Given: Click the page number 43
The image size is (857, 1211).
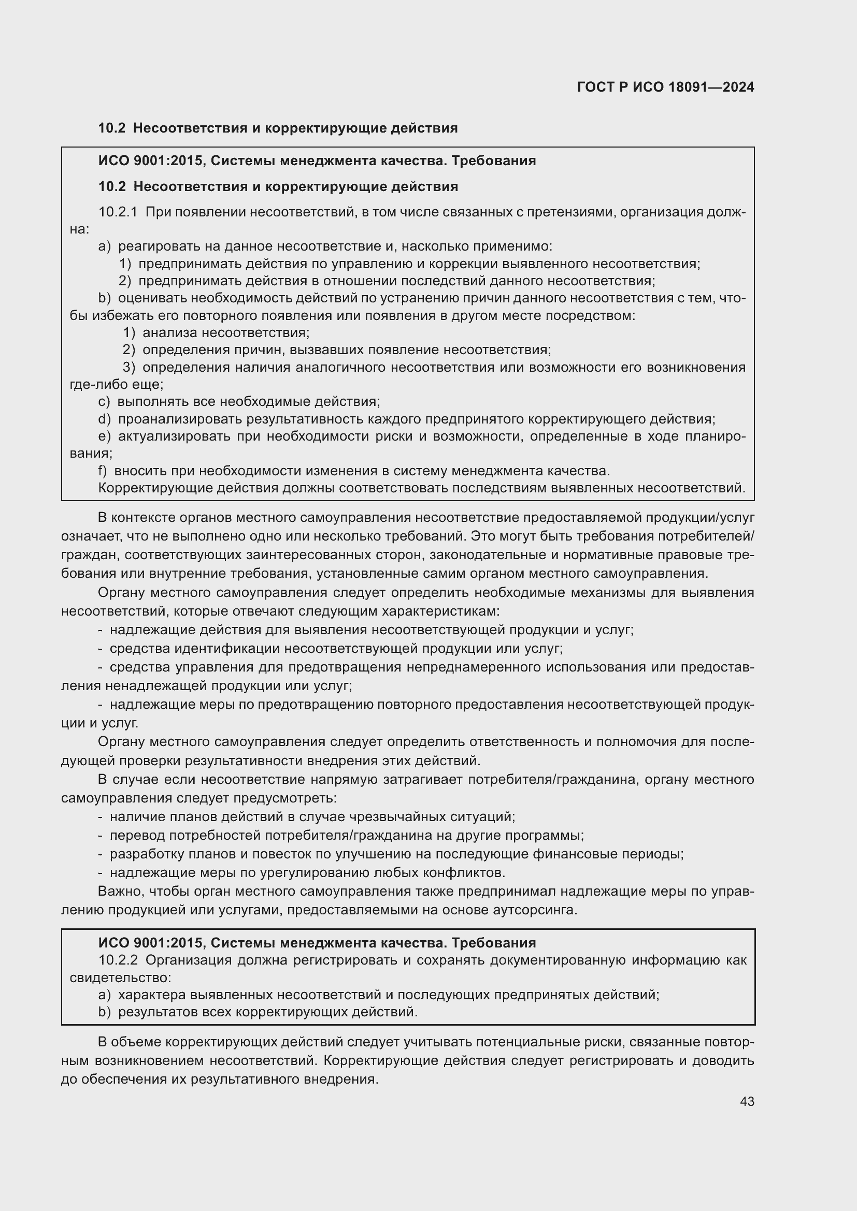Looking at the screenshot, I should click(747, 1101).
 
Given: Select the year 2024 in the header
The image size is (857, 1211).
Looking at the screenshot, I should click(738, 87).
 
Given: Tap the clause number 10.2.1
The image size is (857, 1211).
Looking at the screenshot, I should click(118, 212).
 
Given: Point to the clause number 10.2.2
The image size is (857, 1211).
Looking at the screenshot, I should click(118, 960).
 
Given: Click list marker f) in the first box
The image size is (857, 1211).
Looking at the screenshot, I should click(103, 471).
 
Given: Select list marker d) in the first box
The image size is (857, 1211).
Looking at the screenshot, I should click(105, 419).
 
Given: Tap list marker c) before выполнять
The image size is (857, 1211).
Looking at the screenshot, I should click(104, 402).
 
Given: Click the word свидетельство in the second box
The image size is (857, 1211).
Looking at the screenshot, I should click(120, 977).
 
